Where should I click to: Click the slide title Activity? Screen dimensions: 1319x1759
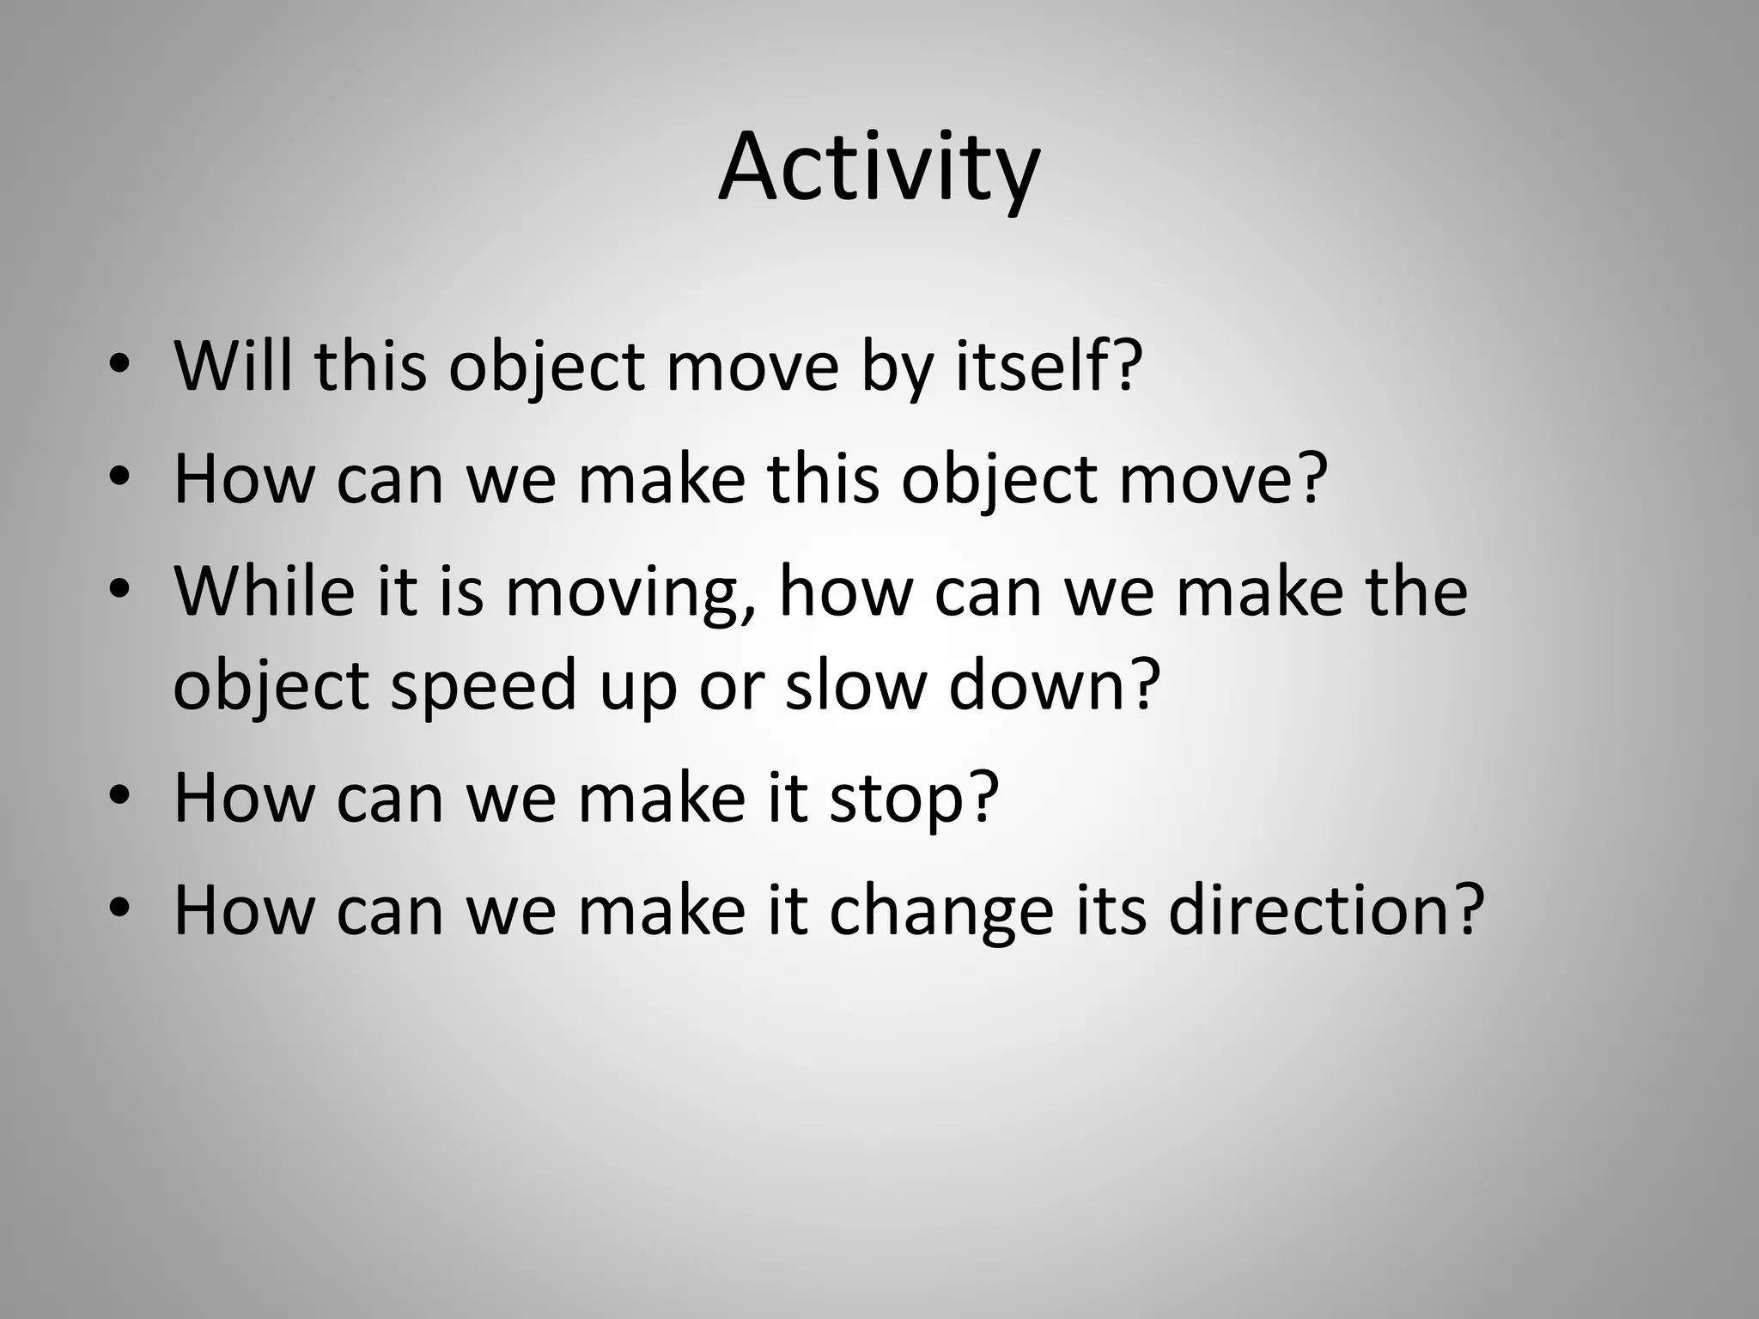pyautogui.click(x=879, y=167)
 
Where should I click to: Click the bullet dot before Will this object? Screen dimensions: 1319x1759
pyautogui.click(x=119, y=366)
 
